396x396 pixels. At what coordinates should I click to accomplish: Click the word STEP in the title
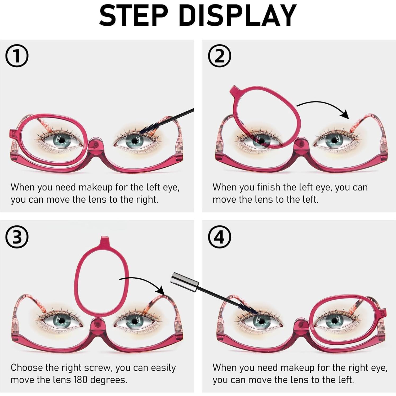click(x=134, y=16)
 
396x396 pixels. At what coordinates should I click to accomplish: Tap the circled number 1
click(x=17, y=56)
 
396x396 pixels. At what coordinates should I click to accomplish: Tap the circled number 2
click(x=219, y=56)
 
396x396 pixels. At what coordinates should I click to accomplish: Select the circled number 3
click(x=17, y=237)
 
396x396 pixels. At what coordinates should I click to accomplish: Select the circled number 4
click(x=219, y=237)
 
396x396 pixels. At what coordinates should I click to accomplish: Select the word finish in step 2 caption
click(x=269, y=187)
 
